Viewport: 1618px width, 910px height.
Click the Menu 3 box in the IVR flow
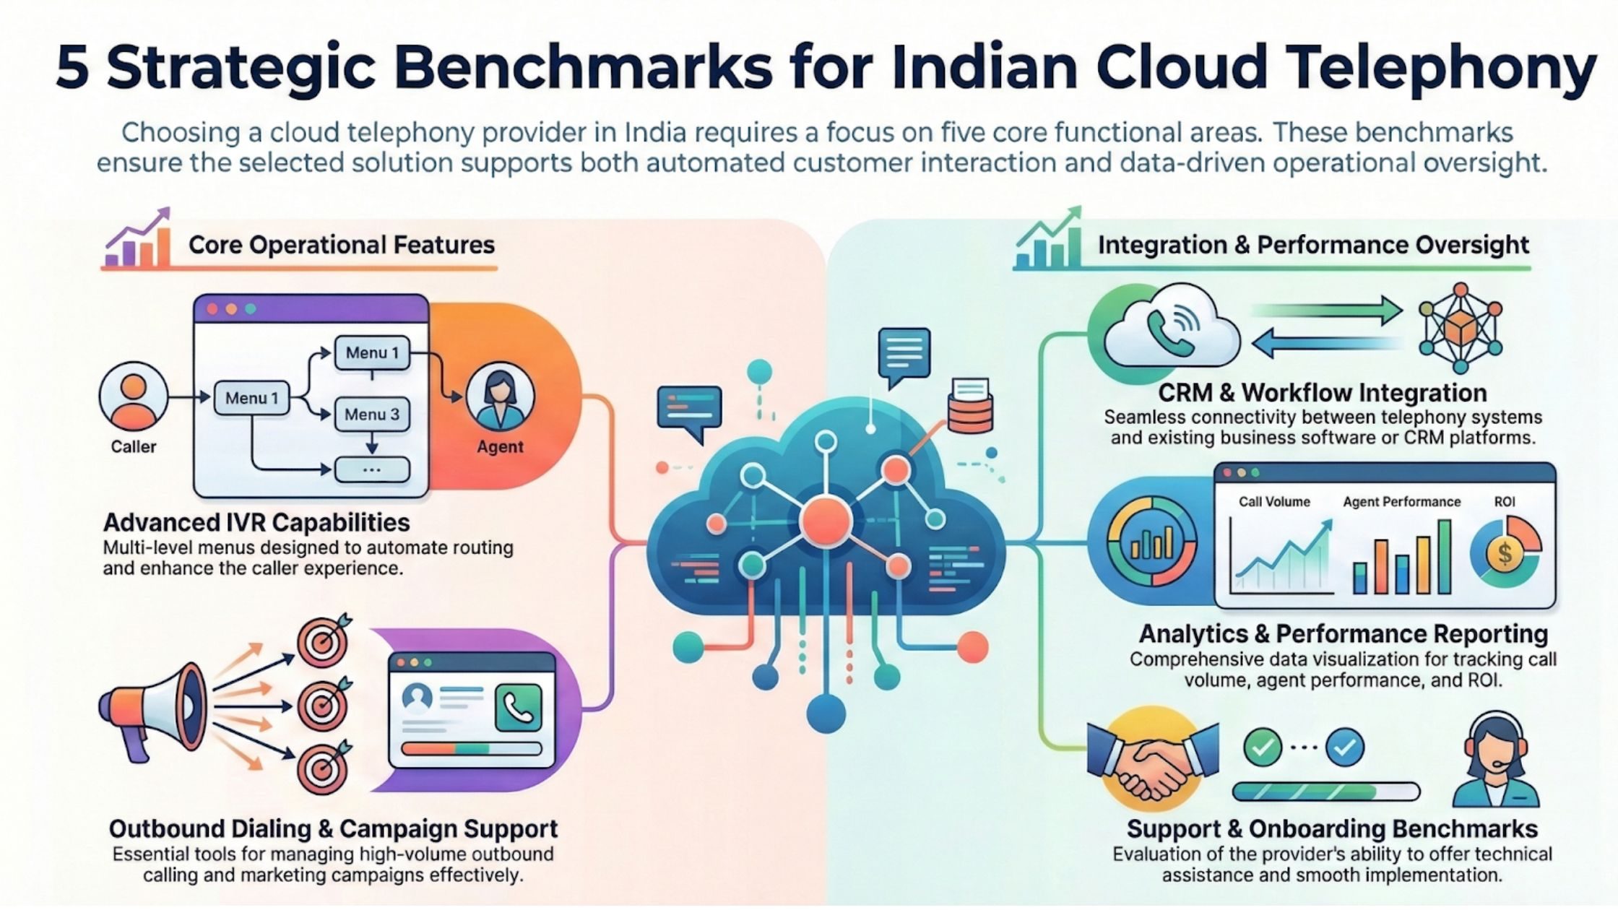(372, 415)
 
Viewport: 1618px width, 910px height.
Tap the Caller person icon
(134, 396)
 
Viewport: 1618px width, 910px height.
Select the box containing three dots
(372, 469)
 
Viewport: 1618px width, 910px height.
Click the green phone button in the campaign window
(518, 708)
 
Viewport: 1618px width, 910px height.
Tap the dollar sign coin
(1505, 554)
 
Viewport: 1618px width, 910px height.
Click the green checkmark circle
(1262, 748)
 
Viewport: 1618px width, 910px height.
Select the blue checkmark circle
(1345, 748)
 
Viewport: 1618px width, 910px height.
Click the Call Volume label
(1274, 502)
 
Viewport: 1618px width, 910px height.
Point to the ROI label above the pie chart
(1505, 502)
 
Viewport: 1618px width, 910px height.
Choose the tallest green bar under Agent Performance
(1444, 557)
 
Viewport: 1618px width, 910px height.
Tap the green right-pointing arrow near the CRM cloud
(1329, 311)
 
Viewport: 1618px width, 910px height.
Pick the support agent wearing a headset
(1495, 762)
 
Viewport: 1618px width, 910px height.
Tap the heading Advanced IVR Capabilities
(256, 522)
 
